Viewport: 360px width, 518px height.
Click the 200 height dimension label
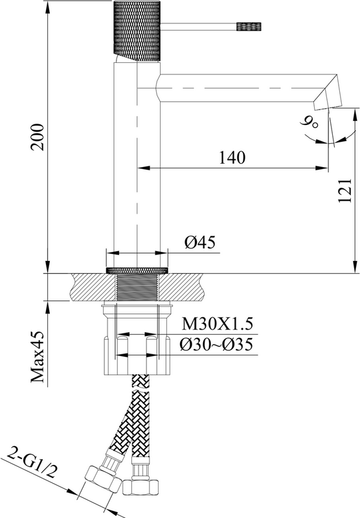pos(38,137)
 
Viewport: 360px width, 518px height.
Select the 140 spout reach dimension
pos(232,157)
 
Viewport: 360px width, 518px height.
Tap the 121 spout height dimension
pos(345,191)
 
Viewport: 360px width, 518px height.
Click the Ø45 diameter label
pos(200,242)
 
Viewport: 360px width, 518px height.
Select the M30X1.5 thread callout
pos(218,324)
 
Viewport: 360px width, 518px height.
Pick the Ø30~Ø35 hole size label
pos(216,344)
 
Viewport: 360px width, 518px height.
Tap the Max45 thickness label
pos(38,357)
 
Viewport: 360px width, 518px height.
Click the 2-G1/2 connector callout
pos(31,462)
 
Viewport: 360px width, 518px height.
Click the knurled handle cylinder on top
pos(137,30)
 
